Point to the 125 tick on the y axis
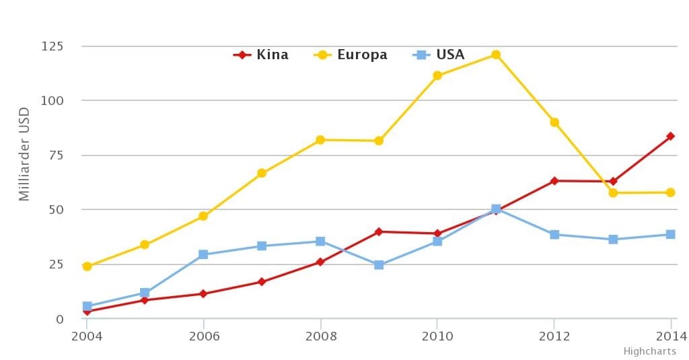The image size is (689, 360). click(52, 46)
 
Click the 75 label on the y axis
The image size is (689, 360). click(55, 155)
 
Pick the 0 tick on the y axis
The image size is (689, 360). click(59, 319)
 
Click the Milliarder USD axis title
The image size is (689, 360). click(25, 153)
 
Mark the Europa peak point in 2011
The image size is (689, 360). click(496, 55)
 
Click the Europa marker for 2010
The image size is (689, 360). click(437, 75)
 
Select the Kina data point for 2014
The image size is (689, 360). click(670, 136)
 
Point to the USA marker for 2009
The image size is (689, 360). click(379, 265)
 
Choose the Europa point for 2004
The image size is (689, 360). click(87, 266)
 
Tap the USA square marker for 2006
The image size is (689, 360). click(203, 254)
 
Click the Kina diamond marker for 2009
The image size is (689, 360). click(379, 231)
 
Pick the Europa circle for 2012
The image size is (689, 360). click(554, 122)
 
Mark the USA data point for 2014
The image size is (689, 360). click(670, 234)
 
